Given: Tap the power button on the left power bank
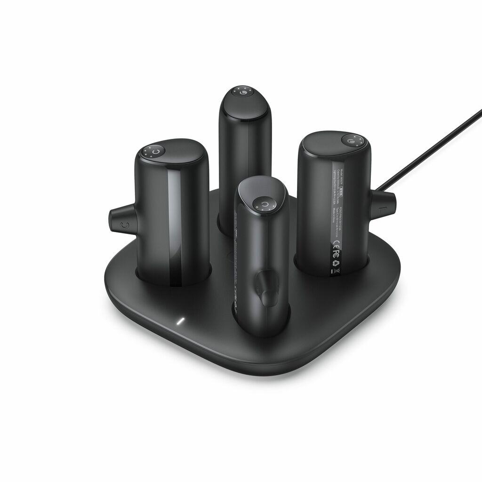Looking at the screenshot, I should pos(157,152).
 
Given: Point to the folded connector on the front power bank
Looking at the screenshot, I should pos(266,287).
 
